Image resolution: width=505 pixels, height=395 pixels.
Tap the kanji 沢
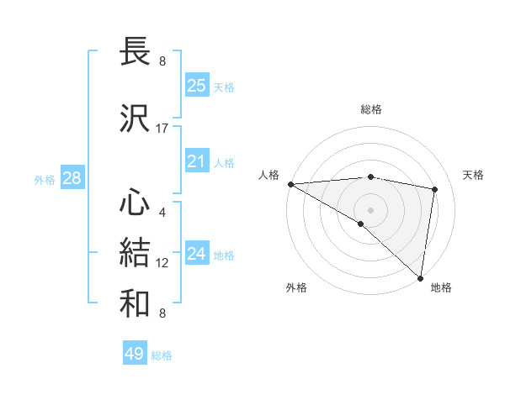pyautogui.click(x=136, y=118)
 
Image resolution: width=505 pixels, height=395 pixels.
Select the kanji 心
pyautogui.click(x=136, y=203)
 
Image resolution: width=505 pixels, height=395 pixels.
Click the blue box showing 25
pyautogui.click(x=197, y=85)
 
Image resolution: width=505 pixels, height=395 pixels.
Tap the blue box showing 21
pyautogui.click(x=197, y=161)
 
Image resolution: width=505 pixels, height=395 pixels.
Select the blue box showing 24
pyautogui.click(x=197, y=254)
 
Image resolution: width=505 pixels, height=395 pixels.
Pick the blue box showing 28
pyautogui.click(x=72, y=178)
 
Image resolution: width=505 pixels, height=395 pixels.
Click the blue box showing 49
pyautogui.click(x=135, y=354)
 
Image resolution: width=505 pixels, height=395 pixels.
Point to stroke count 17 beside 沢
pyautogui.click(x=162, y=129)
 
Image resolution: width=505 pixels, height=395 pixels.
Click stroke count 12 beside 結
pyautogui.click(x=162, y=263)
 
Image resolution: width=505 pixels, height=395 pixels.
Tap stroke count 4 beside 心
pyautogui.click(x=162, y=213)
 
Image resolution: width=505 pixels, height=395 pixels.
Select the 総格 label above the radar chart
pyautogui.click(x=370, y=109)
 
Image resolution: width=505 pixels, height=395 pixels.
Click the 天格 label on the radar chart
pyautogui.click(x=473, y=175)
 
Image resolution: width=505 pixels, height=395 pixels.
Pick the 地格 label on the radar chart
pyautogui.click(x=441, y=287)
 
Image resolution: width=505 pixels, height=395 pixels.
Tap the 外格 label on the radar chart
pyautogui.click(x=296, y=287)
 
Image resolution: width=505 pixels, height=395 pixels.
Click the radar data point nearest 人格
pyautogui.click(x=290, y=184)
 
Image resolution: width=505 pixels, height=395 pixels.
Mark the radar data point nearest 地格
pyautogui.click(x=421, y=278)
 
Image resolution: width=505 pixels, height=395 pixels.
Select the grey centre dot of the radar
pyautogui.click(x=370, y=208)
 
